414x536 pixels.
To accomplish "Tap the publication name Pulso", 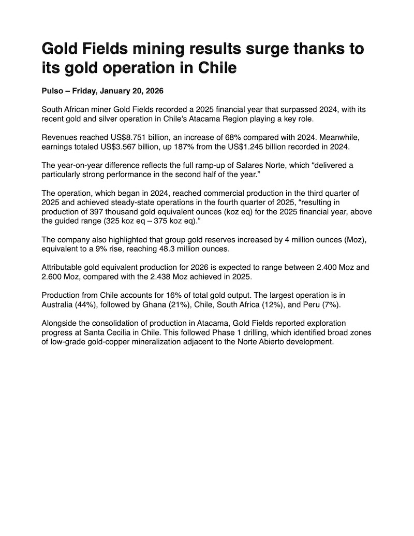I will (x=52, y=91).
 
